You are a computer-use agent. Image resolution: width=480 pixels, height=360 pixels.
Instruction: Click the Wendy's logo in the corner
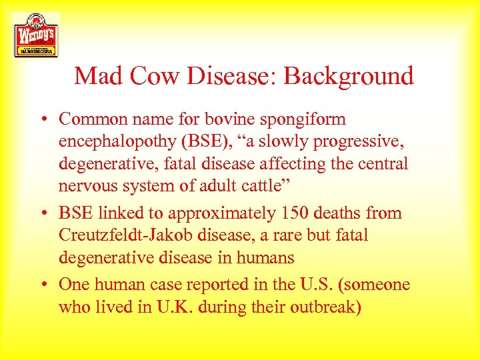[x=35, y=35]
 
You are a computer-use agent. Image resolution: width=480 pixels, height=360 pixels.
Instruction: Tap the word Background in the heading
[x=349, y=76]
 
